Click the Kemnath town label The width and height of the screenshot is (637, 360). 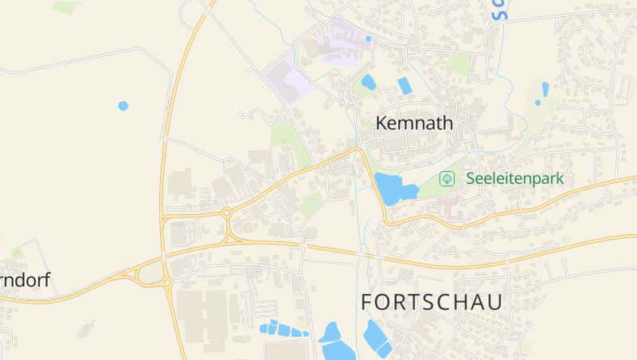pyautogui.click(x=413, y=123)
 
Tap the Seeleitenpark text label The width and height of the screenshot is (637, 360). pyautogui.click(x=514, y=178)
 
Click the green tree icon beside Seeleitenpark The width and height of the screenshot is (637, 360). pyautogui.click(x=447, y=178)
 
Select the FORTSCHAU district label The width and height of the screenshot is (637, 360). pyautogui.click(x=432, y=303)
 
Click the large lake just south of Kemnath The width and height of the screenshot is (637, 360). pyautogui.click(x=393, y=189)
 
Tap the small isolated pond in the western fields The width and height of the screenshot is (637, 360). pyautogui.click(x=123, y=105)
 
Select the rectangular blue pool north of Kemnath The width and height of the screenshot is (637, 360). pyautogui.click(x=404, y=86)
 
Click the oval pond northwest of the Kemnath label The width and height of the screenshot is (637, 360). pyautogui.click(x=368, y=81)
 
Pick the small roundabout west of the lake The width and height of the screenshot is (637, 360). pyautogui.click(x=227, y=213)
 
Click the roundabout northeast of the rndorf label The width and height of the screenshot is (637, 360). pyautogui.click(x=167, y=282)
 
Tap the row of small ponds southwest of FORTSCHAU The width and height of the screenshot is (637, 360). pyautogui.click(x=283, y=328)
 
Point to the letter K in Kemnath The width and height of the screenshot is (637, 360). pyautogui.click(x=381, y=123)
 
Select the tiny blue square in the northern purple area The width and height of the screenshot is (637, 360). pyautogui.click(x=368, y=38)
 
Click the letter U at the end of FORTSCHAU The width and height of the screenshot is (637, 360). pyautogui.click(x=494, y=303)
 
